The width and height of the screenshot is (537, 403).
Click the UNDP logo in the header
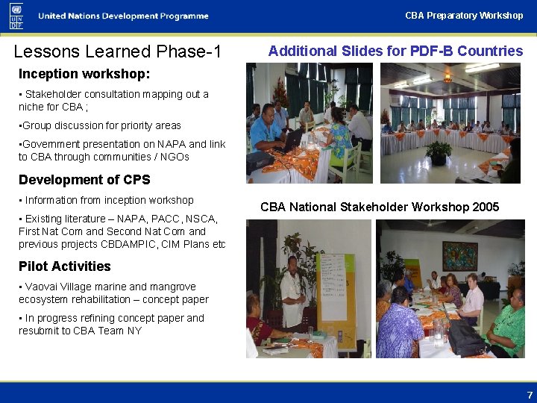pos(16,16)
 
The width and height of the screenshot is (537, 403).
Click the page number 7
pos(530,394)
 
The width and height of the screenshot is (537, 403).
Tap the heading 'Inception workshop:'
pos(84,74)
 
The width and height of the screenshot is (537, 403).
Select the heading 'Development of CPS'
pos(84,180)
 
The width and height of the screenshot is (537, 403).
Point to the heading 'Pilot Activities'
pos(65,266)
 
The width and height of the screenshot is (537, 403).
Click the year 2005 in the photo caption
pos(486,207)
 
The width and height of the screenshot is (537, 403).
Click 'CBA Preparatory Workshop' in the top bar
pos(464,15)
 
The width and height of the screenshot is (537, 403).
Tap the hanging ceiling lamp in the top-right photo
pos(448,76)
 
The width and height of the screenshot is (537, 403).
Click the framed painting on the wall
pos(459,254)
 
